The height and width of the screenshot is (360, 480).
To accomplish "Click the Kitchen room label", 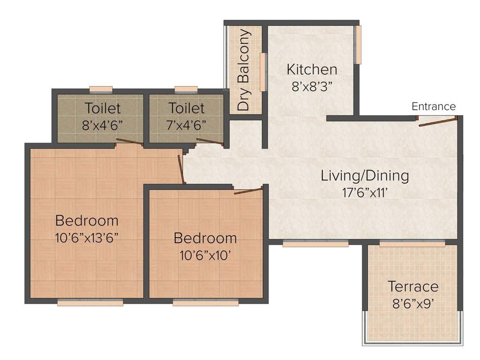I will (312, 70).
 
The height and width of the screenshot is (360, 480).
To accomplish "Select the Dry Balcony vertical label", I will (243, 70).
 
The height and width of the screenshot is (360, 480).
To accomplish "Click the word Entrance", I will (433, 106).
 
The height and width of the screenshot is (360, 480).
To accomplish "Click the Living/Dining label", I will (365, 176).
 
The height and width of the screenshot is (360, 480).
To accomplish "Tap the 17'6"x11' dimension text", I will (365, 192).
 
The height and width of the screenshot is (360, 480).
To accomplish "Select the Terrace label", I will (413, 286).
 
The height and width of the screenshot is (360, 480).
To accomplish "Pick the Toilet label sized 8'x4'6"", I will (103, 108).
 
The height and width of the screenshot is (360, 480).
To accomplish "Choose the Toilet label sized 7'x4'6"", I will (187, 108).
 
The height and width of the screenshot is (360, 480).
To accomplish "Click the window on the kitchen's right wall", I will (359, 45).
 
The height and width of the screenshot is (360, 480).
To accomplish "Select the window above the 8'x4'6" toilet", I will (101, 89).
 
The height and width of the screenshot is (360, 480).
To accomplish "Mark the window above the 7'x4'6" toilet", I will (186, 89).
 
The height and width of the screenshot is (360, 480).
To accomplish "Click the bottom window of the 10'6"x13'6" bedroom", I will (90, 303).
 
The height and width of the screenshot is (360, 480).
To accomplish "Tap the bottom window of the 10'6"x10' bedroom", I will (205, 303).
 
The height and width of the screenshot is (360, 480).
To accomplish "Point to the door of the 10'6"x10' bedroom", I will (247, 190).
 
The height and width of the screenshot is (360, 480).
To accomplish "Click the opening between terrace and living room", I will (412, 244).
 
